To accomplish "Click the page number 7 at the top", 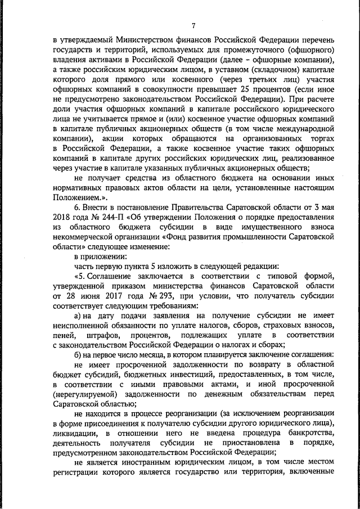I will pos(193,25).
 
